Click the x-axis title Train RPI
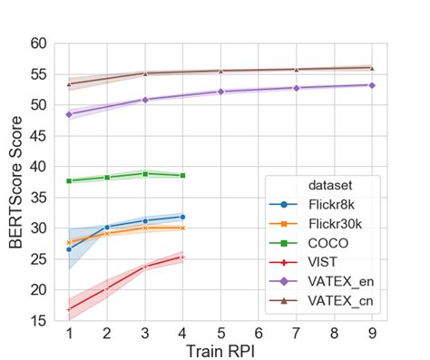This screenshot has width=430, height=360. (220, 350)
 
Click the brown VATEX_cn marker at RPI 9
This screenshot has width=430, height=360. (372, 68)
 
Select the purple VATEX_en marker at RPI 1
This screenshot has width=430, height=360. (69, 114)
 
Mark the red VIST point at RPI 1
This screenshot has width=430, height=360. (69, 309)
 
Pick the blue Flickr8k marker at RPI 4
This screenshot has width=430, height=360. (182, 217)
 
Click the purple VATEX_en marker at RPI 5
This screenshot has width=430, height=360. (220, 92)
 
